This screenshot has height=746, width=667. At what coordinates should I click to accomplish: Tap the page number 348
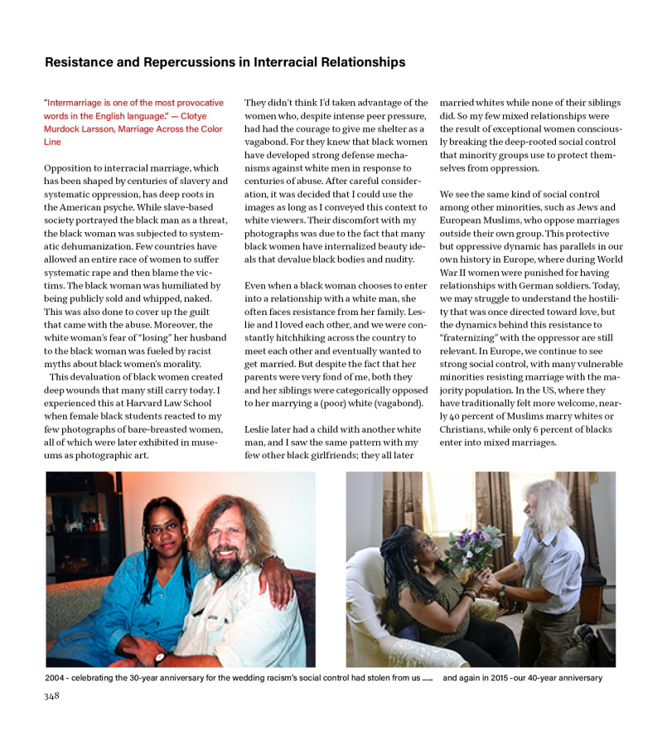51,695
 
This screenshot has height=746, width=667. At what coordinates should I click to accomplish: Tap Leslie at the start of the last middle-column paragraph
259,429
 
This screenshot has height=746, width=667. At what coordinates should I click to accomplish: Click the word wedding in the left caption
251,678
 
